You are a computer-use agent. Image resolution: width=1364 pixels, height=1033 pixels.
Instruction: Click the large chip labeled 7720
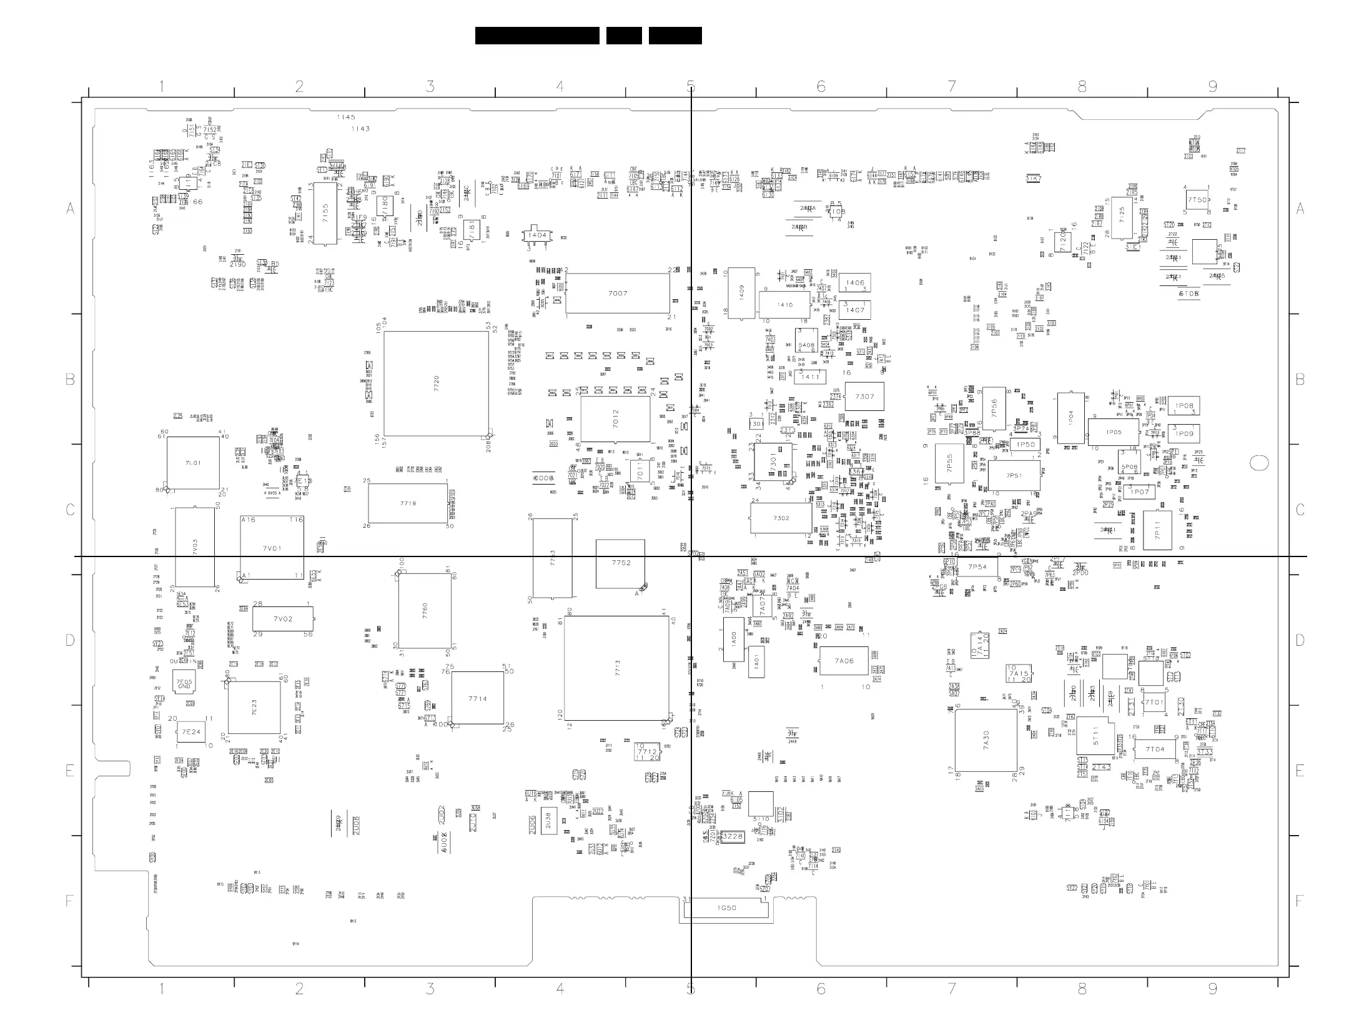point(436,383)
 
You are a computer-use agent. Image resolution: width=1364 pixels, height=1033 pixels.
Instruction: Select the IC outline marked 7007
point(617,293)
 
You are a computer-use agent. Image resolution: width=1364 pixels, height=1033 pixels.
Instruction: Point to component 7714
point(477,698)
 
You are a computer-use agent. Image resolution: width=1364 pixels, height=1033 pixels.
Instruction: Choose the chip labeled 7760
point(425,611)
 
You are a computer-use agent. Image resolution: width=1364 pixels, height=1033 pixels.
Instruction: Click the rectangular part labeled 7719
point(408,503)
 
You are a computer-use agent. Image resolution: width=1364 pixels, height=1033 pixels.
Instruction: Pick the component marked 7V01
point(272,548)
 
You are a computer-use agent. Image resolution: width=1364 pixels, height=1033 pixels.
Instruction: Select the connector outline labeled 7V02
point(282,619)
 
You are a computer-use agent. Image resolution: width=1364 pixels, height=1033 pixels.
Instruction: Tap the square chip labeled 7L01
point(193,463)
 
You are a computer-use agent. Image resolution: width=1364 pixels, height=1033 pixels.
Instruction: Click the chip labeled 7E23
point(254,707)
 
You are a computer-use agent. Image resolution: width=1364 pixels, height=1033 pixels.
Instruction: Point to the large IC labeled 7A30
point(986,741)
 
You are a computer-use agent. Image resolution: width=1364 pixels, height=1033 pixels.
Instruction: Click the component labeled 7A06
point(844,661)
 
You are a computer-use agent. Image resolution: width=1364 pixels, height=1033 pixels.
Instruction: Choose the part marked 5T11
point(1095,736)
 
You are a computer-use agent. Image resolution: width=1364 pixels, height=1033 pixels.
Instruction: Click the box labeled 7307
point(864,397)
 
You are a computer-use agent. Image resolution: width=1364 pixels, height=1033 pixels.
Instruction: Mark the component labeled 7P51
point(1014,476)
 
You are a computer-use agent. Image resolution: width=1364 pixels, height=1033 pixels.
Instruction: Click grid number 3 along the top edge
point(430,87)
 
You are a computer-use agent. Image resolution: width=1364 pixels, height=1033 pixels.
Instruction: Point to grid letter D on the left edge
point(70,640)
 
